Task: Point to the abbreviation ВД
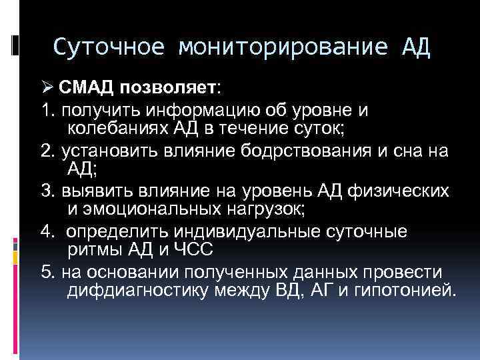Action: tap(273, 291)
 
